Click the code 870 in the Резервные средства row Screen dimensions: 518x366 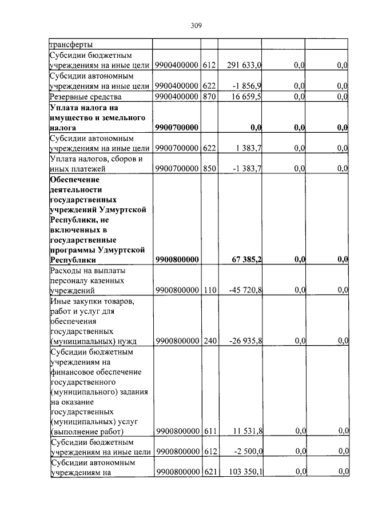[210, 96]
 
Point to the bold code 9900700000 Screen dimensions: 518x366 [177, 128]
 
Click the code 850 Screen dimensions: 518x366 [210, 168]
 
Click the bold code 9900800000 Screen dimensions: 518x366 [177, 259]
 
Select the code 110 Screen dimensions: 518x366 [210, 290]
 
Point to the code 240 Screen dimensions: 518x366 [210, 341]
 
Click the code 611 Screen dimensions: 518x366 [210, 430]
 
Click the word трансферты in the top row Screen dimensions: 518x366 [71, 44]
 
